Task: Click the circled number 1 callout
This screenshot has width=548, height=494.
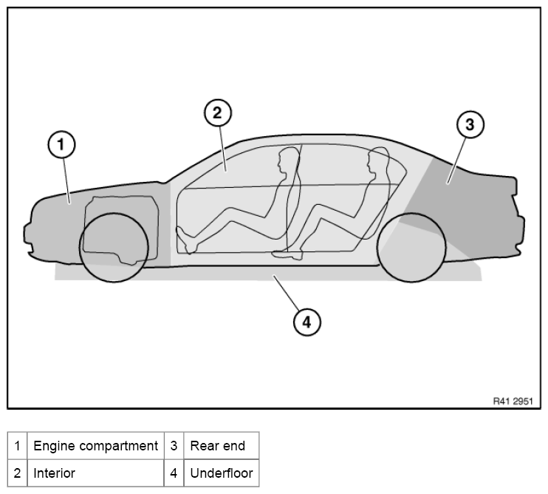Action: click(62, 144)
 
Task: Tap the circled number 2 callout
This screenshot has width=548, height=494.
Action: click(217, 112)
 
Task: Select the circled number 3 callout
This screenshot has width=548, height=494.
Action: click(469, 125)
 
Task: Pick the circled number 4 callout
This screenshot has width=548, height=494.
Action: click(306, 321)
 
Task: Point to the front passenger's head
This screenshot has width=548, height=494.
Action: click(286, 163)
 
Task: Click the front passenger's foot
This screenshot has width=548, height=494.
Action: click(185, 238)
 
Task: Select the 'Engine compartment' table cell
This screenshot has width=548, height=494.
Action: click(95, 446)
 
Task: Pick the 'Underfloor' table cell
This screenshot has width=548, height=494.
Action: click(221, 473)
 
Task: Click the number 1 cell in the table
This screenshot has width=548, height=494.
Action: click(17, 446)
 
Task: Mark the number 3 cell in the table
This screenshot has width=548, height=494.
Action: click(173, 446)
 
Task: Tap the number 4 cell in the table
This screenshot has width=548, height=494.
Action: click(173, 473)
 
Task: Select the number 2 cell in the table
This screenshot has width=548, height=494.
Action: click(17, 473)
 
